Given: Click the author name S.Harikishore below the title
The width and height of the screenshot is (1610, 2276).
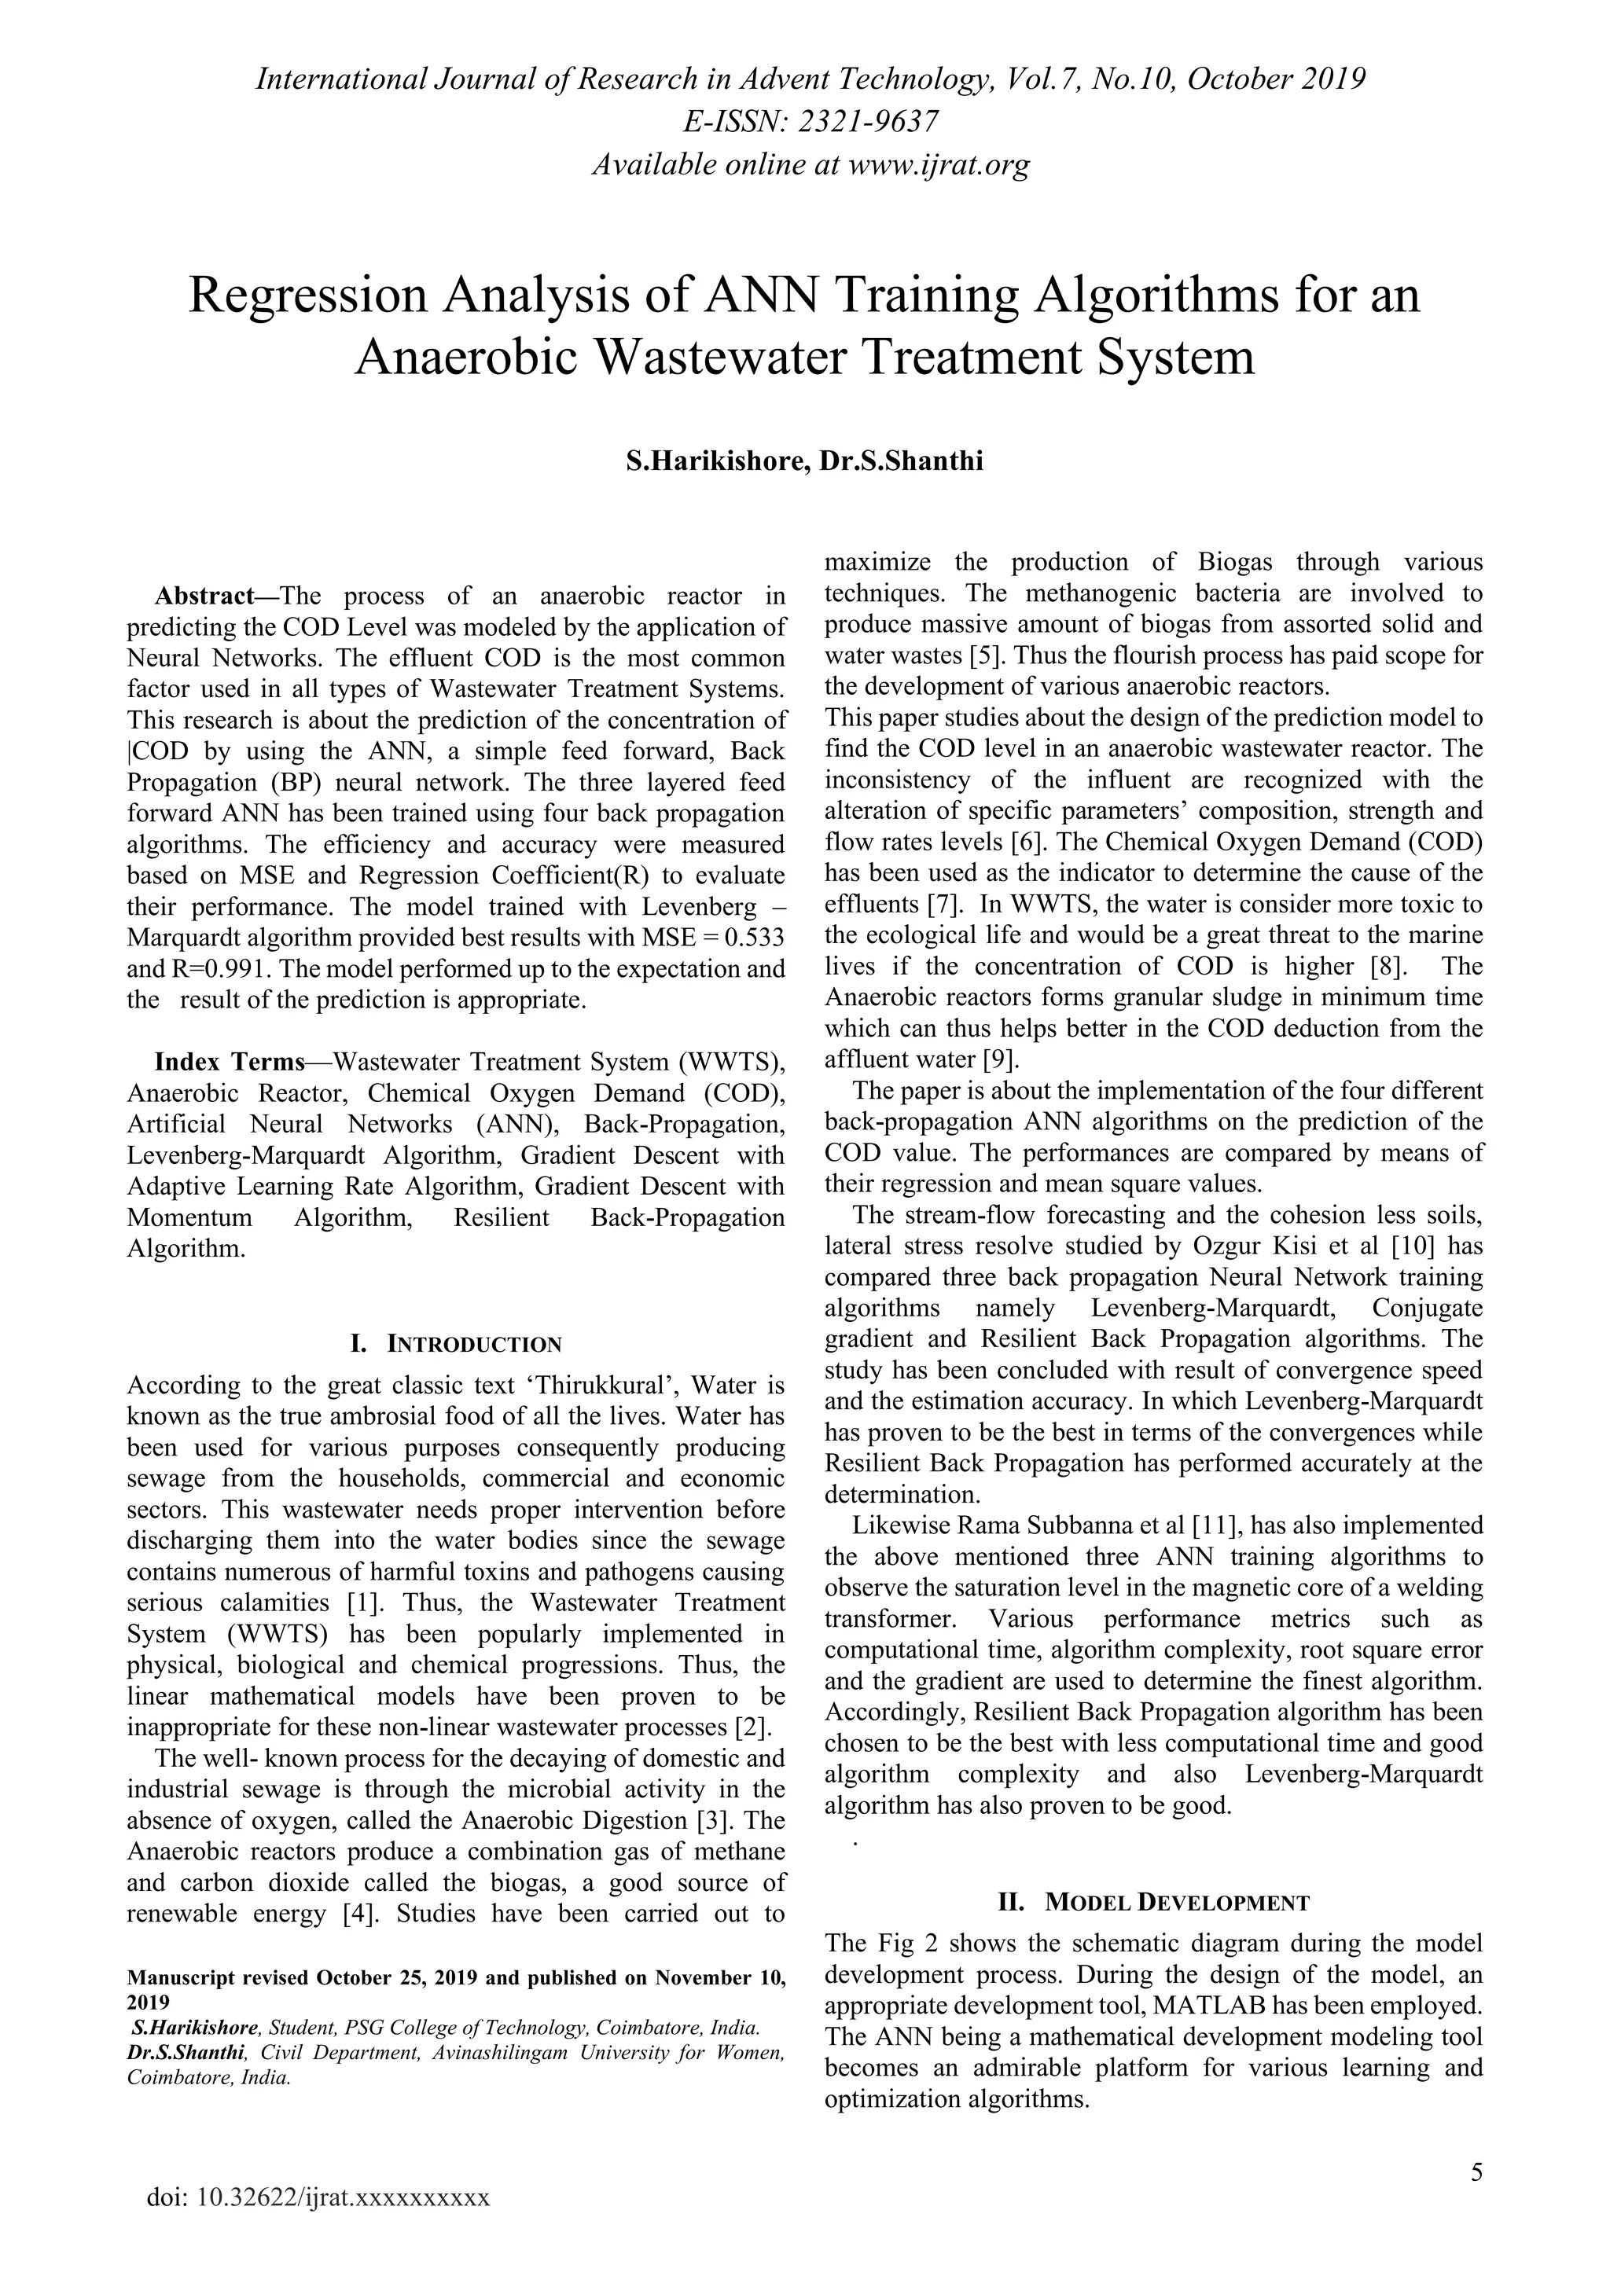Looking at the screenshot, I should [711, 461].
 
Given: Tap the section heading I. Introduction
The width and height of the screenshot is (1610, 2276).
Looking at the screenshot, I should [456, 1344].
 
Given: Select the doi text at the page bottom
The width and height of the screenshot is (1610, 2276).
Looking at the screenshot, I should [318, 2197].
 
